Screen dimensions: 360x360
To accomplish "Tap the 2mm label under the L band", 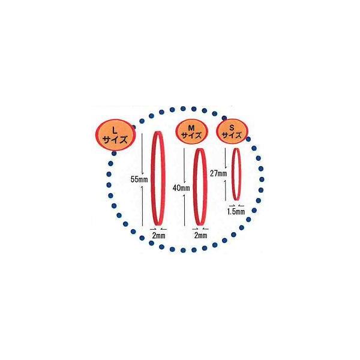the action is [x=158, y=236].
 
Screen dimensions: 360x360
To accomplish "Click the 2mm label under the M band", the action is [x=201, y=236].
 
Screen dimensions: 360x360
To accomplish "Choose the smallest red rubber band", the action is [x=237, y=173].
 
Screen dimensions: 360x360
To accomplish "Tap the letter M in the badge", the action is [x=191, y=126].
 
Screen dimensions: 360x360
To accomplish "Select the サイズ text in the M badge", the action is [x=191, y=137].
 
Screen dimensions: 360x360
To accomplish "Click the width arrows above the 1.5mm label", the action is [x=236, y=205].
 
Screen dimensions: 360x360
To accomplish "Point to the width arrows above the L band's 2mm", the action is [x=158, y=229].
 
